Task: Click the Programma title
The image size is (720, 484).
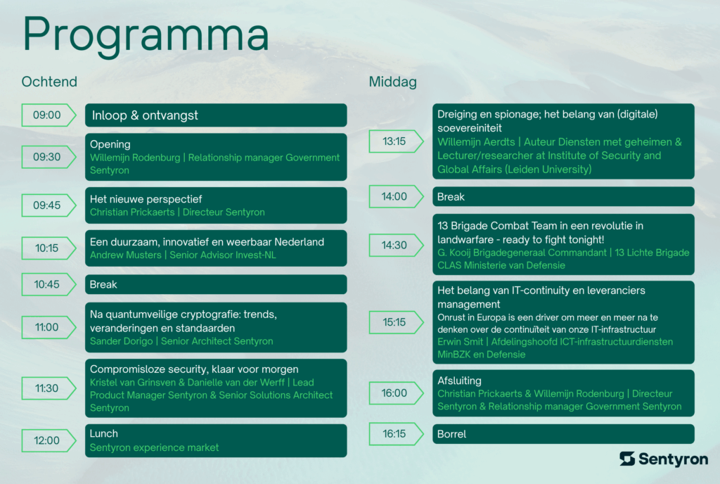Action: (146, 34)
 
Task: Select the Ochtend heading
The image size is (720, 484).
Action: (49, 82)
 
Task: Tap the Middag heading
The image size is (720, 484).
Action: (392, 82)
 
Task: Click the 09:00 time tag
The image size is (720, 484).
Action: (47, 115)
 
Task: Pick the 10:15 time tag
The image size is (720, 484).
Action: (47, 248)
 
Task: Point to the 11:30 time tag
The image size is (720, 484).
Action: (47, 388)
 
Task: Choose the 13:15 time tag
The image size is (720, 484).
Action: (394, 141)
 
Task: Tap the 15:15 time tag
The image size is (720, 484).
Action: (394, 322)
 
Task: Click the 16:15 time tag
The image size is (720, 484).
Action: (394, 434)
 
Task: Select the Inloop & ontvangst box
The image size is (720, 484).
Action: (216, 115)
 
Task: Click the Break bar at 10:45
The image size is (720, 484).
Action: (216, 284)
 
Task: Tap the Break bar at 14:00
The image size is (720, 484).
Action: (563, 196)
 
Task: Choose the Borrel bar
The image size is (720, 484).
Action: (563, 434)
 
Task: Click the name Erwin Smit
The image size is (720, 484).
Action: (460, 342)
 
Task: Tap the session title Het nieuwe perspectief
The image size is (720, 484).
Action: (146, 199)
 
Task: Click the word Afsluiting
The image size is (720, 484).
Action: (459, 381)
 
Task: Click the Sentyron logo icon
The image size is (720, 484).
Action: (627, 459)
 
